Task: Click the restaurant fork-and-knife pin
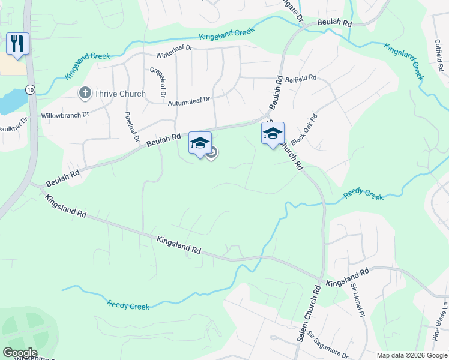(x=17, y=44)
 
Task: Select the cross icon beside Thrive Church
(x=85, y=93)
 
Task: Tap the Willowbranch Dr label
(x=65, y=114)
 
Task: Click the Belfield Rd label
(x=300, y=79)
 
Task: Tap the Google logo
(x=19, y=353)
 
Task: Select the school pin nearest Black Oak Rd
(x=273, y=134)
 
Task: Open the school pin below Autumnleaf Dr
(x=200, y=143)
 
